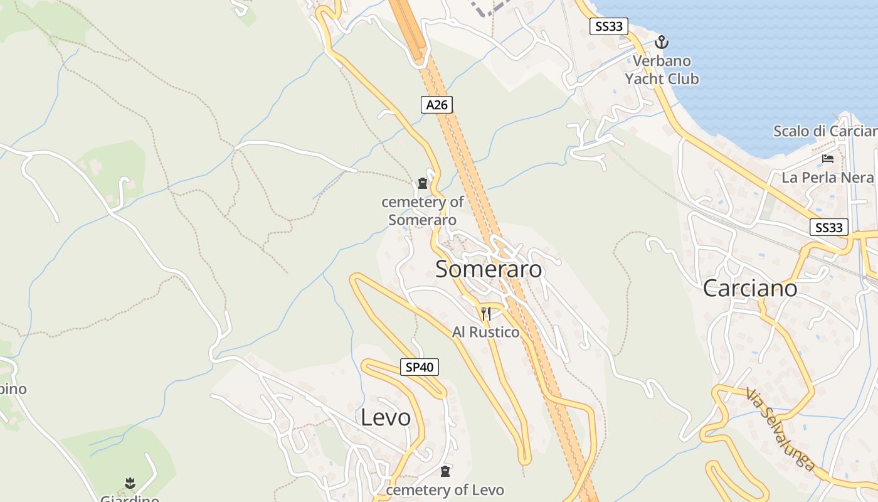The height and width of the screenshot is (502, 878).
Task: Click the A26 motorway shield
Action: [436, 105]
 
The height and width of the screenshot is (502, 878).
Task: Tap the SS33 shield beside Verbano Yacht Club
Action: [609, 26]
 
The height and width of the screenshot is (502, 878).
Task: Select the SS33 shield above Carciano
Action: [828, 227]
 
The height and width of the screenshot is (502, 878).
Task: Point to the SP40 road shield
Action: [420, 367]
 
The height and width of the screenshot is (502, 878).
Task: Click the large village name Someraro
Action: [489, 269]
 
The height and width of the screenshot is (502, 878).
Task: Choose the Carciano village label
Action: [750, 288]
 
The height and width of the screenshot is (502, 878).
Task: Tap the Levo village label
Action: [386, 417]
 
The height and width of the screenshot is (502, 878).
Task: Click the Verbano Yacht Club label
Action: [662, 70]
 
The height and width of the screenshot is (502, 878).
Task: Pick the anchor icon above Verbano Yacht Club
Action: [661, 43]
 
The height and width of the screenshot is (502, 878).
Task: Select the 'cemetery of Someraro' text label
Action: [423, 211]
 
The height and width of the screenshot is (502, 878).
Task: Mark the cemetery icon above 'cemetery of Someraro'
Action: [423, 184]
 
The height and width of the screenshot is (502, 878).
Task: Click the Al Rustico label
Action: [486, 332]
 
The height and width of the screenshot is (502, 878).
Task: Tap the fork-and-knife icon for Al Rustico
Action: [486, 313]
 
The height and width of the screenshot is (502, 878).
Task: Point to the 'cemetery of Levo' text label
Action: [445, 489]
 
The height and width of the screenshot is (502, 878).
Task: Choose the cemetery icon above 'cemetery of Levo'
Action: [445, 471]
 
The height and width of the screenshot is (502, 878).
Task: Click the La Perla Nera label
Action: [827, 178]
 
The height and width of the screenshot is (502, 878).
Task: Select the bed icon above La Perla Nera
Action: [828, 158]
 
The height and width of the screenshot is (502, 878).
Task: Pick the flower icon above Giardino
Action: [130, 483]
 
